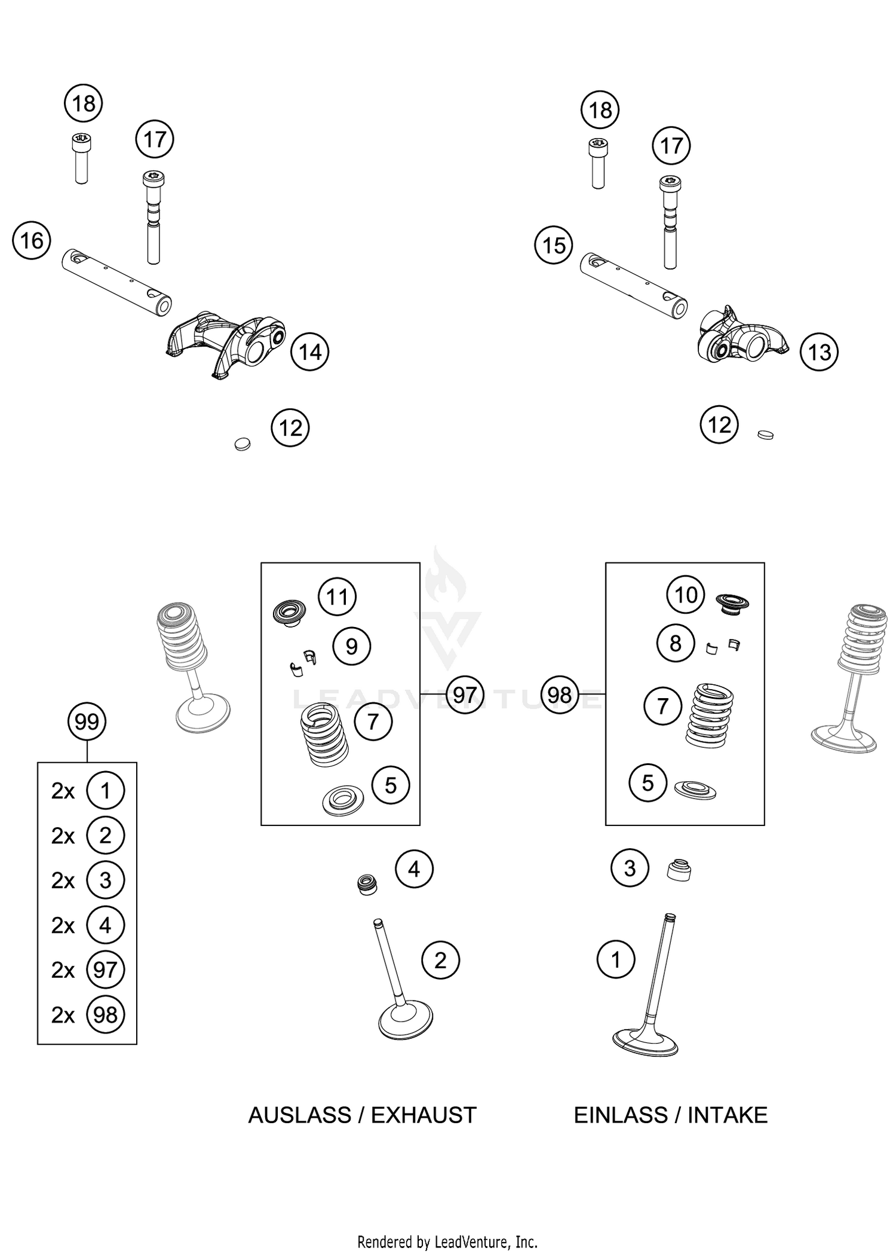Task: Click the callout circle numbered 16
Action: (32, 241)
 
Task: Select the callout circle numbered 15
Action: (554, 245)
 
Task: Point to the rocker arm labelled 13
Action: (741, 338)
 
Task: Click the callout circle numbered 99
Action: (87, 722)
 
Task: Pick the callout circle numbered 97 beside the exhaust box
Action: (464, 695)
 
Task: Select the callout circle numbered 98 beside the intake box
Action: (560, 695)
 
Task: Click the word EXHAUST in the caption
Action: (424, 1115)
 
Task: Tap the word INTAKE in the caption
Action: (727, 1115)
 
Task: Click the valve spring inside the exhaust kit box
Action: (324, 735)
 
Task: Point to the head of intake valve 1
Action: (645, 1042)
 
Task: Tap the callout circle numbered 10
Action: (686, 595)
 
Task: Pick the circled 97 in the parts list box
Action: (105, 969)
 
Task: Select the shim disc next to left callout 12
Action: (242, 444)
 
